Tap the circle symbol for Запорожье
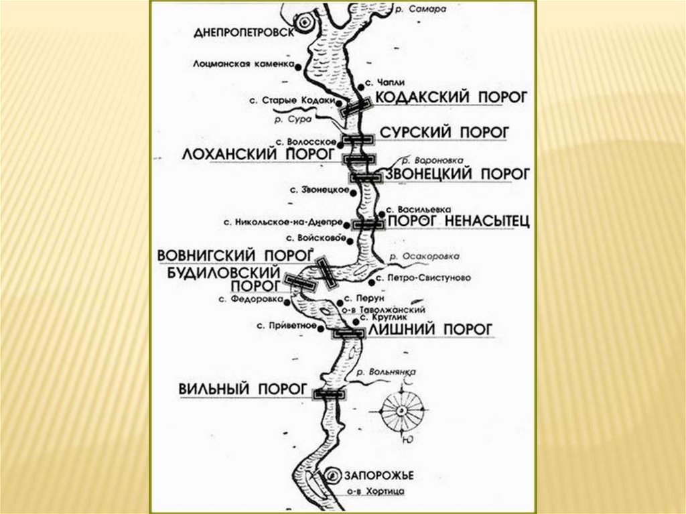(x=334, y=475)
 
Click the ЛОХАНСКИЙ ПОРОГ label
(x=259, y=153)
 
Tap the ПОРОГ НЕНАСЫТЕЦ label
(x=459, y=220)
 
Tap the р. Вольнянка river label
(x=387, y=371)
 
